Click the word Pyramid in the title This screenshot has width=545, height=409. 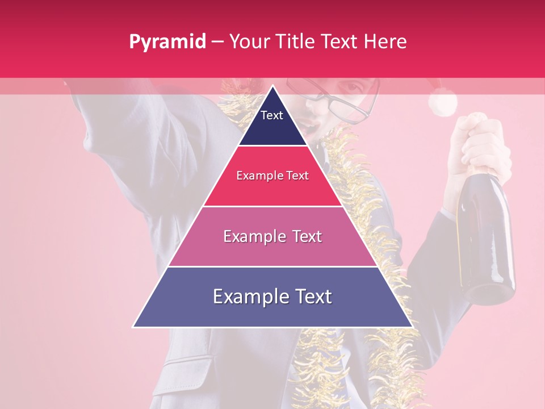167,42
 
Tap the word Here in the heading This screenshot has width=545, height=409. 385,42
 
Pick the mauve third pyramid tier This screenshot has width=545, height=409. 272,250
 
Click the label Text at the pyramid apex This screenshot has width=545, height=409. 272,115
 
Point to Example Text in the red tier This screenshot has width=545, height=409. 272,176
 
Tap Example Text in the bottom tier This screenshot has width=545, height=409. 272,297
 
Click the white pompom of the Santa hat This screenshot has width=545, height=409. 443,103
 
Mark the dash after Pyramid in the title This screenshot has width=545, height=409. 217,42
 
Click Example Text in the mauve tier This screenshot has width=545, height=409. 272,236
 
